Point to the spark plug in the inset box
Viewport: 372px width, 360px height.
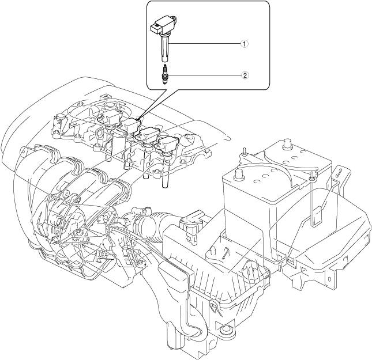166,75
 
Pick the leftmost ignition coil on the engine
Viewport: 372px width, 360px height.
112,122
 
